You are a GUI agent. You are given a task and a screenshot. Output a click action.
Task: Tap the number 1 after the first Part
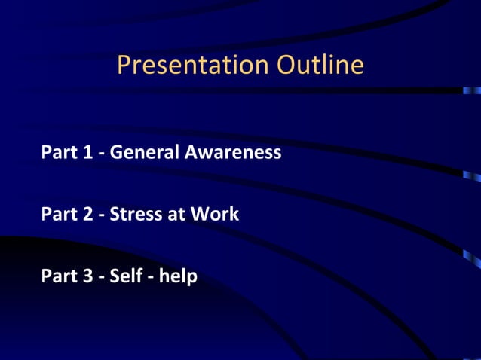(x=90, y=153)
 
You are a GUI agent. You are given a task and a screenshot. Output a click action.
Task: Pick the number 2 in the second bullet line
(x=90, y=215)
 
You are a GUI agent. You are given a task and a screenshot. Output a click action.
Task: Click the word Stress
(x=136, y=215)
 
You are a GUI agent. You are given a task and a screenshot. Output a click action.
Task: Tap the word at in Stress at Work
(x=176, y=215)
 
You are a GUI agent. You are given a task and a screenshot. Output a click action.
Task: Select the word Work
(x=214, y=215)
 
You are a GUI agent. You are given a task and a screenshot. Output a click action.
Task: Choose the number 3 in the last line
(x=90, y=276)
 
